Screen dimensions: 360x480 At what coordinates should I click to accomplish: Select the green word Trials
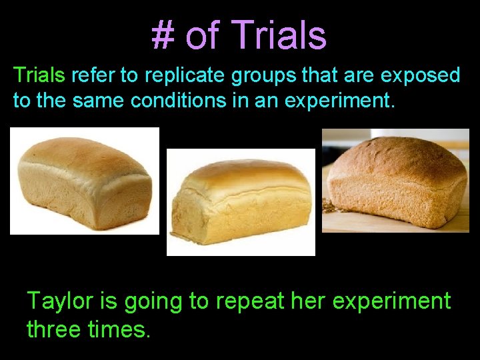(39, 75)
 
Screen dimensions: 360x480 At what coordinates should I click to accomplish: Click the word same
(100, 101)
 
